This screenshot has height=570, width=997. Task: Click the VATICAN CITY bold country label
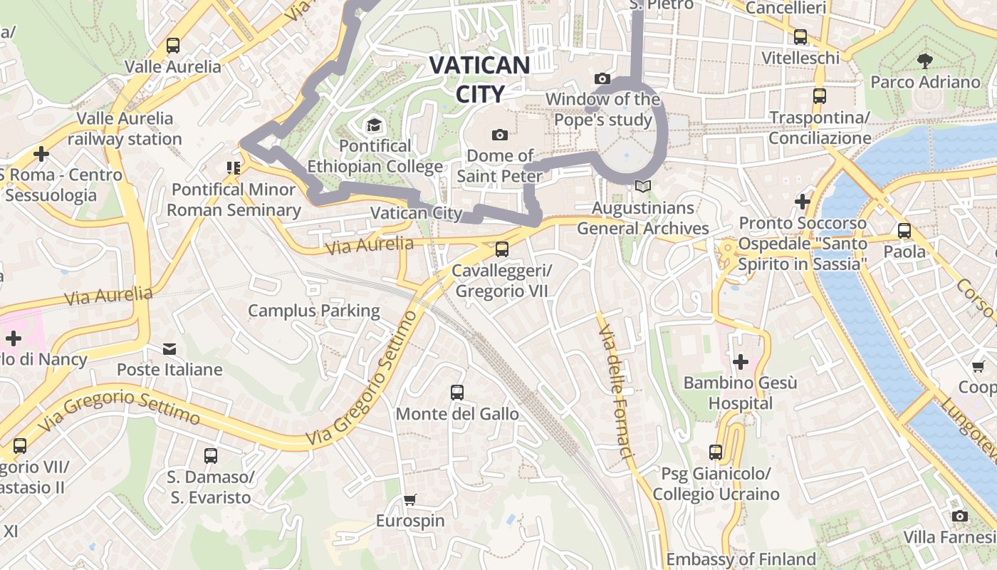click(479, 79)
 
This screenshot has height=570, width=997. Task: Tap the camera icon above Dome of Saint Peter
click(499, 135)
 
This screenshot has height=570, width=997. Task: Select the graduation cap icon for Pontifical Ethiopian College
click(374, 126)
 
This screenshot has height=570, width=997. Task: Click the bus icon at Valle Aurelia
click(172, 46)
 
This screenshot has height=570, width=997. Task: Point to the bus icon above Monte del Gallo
click(456, 393)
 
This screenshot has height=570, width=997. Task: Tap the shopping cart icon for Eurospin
click(409, 500)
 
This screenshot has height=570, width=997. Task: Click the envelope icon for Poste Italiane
click(169, 349)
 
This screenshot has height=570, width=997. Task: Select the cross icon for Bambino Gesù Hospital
click(741, 362)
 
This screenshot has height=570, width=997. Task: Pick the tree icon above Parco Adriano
click(925, 61)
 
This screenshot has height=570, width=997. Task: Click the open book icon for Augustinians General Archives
click(642, 187)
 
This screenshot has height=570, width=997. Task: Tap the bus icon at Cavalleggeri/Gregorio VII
click(501, 249)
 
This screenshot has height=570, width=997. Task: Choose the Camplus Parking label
click(314, 311)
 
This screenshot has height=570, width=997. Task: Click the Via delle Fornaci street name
click(616, 393)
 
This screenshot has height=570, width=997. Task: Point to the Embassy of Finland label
click(741, 559)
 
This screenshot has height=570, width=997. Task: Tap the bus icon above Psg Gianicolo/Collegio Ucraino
click(716, 452)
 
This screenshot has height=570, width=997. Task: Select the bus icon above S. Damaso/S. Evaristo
click(210, 455)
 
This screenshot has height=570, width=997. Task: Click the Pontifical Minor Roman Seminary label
click(234, 199)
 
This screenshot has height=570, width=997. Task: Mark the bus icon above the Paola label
click(904, 231)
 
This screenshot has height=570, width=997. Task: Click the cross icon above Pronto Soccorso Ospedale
click(803, 202)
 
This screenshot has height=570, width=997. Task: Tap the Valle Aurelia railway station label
click(125, 128)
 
